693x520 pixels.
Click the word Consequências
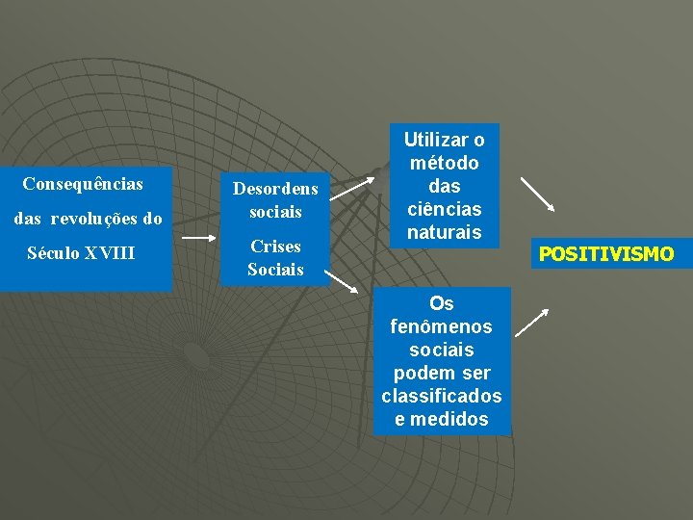83,183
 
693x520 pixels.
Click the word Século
55,254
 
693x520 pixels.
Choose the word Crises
275,247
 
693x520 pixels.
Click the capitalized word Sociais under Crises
275,270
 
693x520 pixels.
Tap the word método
444,164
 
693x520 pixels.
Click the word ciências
444,209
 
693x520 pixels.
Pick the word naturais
444,232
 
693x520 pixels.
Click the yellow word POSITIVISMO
606,255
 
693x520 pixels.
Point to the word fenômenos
442,326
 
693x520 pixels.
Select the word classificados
442,396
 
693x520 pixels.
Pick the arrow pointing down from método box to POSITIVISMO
537,194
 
